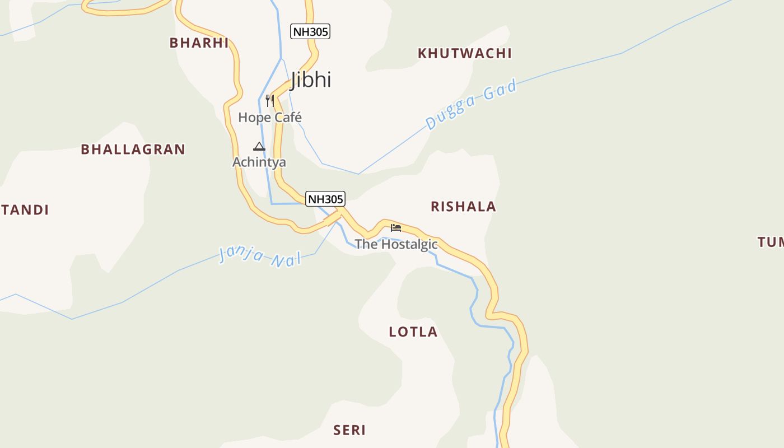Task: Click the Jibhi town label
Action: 311,80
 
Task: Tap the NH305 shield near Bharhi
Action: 310,31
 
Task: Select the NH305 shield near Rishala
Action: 325,199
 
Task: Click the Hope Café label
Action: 270,118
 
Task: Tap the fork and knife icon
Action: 270,101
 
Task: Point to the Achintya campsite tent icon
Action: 259,147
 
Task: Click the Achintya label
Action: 259,162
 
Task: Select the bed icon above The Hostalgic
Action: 396,228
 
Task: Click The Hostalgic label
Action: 396,244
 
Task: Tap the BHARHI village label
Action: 199,43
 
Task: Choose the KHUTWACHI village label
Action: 465,54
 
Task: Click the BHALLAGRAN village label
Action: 133,150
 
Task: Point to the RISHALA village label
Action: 463,207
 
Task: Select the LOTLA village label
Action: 413,332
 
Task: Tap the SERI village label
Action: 349,430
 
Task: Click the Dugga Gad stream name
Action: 470,105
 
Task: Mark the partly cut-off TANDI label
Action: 25,210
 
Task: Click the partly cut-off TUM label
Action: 771,242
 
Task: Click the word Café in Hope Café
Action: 287,118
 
